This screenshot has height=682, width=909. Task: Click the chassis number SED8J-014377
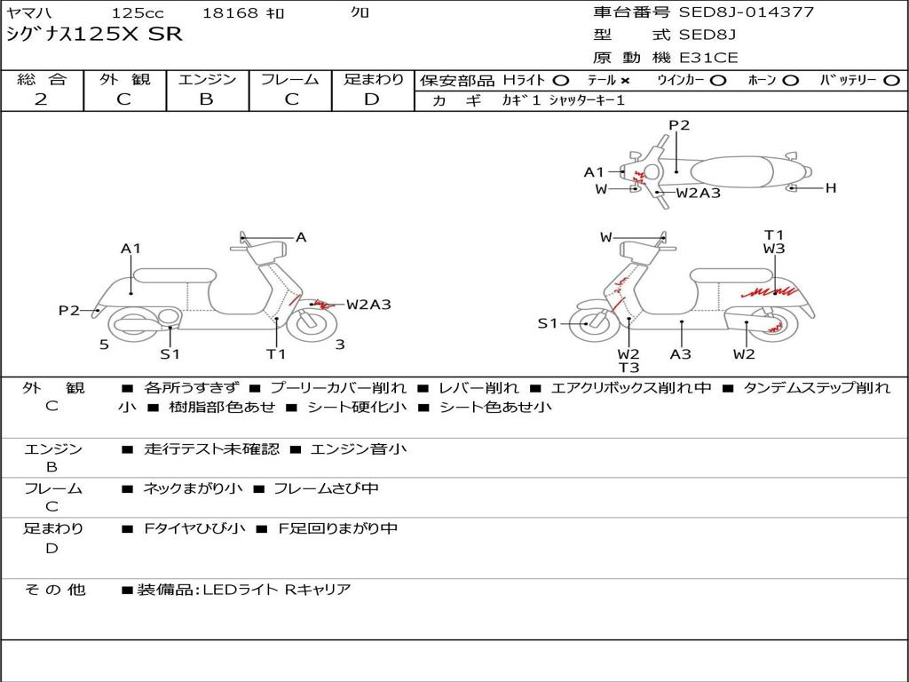click(x=746, y=12)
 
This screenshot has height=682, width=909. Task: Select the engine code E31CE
click(x=708, y=58)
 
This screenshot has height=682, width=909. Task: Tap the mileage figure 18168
click(x=230, y=13)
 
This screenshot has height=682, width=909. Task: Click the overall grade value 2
click(x=41, y=99)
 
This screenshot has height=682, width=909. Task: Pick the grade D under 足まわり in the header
click(x=372, y=99)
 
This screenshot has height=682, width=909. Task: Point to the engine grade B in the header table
click(x=206, y=99)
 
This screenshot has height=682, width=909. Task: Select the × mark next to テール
click(x=625, y=81)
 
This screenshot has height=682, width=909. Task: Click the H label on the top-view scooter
click(x=831, y=187)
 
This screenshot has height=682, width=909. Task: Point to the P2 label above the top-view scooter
click(x=679, y=125)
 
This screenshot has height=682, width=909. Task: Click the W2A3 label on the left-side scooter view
click(x=368, y=305)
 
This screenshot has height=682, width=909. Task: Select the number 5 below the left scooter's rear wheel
click(x=104, y=345)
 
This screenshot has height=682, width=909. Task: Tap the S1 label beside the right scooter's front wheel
click(x=548, y=323)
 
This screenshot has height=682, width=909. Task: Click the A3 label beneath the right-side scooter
click(x=681, y=354)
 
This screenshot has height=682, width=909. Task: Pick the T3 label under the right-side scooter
click(x=628, y=368)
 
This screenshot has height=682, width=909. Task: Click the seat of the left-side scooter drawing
click(x=174, y=275)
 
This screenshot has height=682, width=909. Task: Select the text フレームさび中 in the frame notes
click(x=326, y=488)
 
